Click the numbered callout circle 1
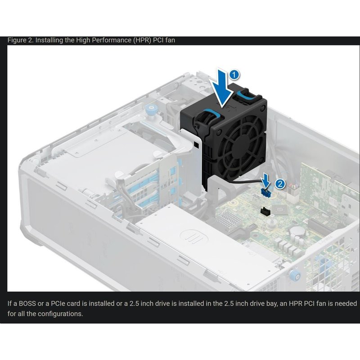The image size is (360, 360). tap(234, 72)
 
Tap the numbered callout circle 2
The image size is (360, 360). tap(279, 184)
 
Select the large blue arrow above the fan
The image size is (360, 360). tap(222, 85)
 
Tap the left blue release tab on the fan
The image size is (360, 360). tap(208, 113)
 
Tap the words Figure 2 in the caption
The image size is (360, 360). tap(20, 40)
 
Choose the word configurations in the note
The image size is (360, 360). tap(59, 313)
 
